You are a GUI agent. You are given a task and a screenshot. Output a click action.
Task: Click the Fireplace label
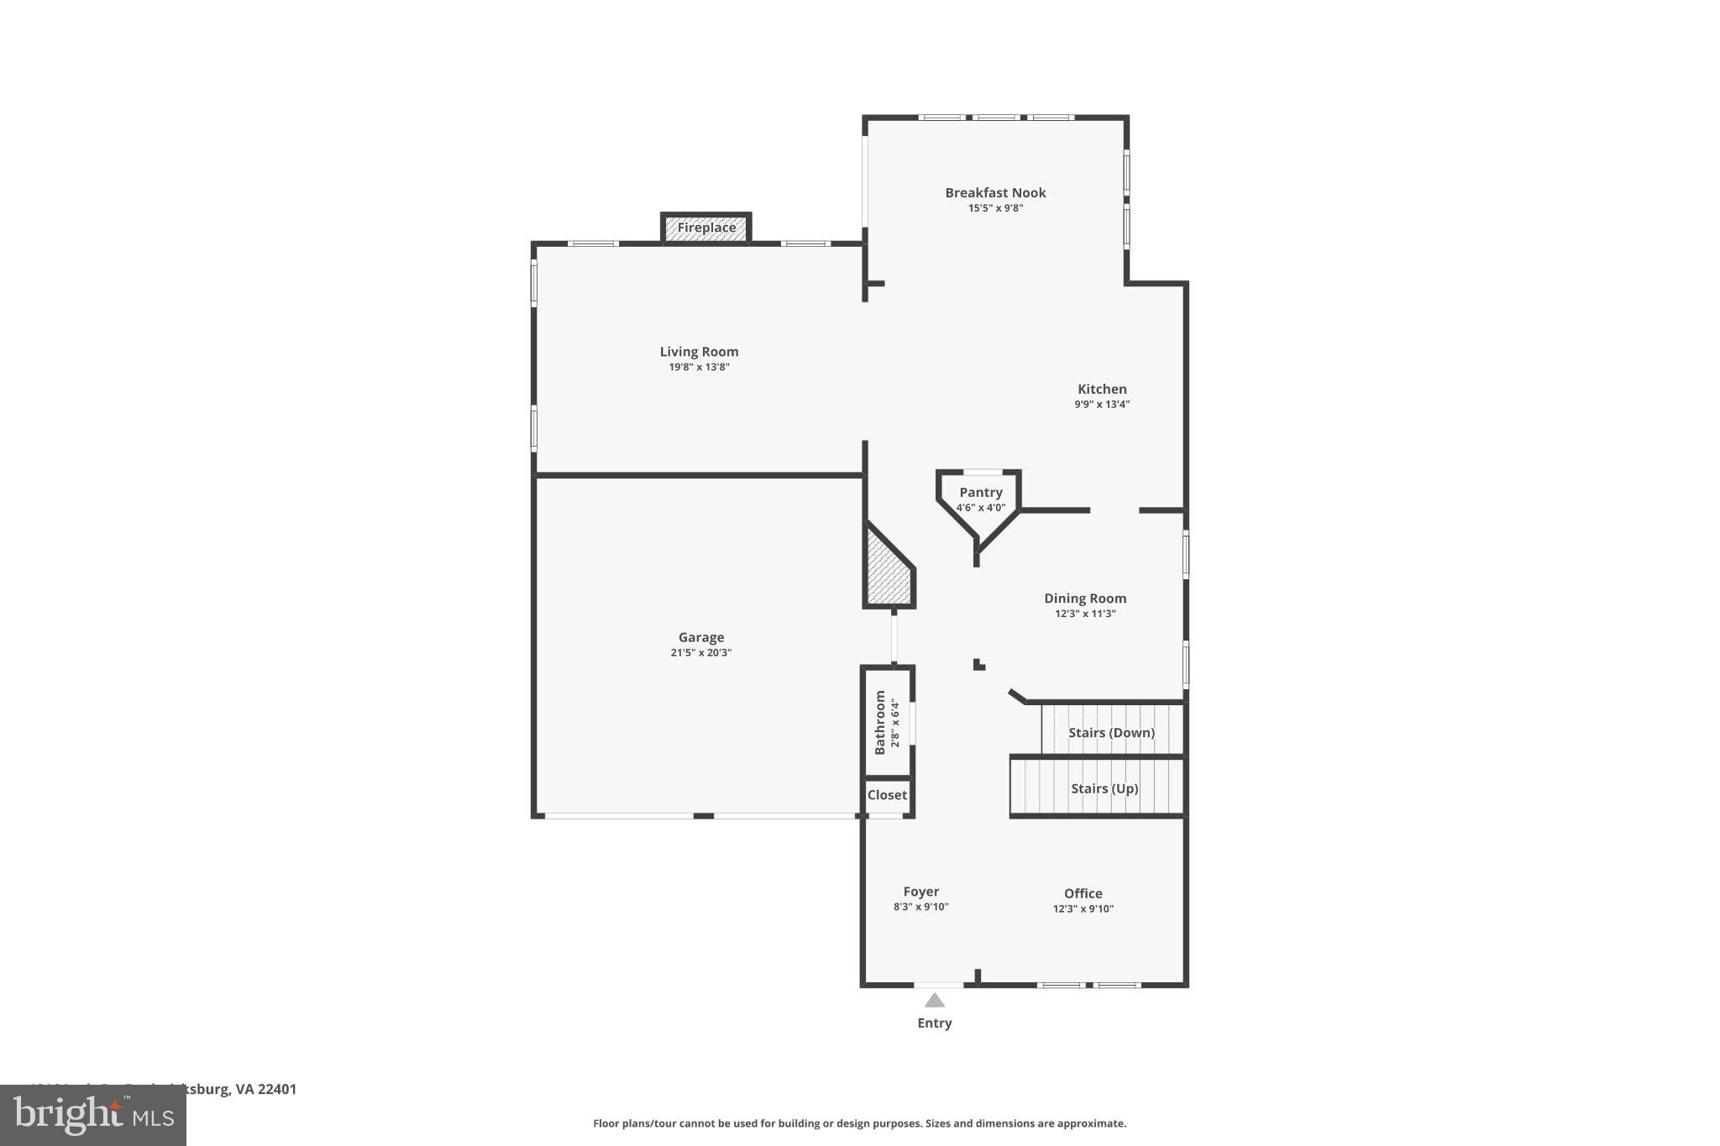pyautogui.click(x=706, y=228)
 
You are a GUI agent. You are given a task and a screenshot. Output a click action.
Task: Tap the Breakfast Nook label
pyautogui.click(x=995, y=192)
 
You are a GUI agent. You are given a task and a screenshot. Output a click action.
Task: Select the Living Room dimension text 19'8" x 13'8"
pyautogui.click(x=699, y=367)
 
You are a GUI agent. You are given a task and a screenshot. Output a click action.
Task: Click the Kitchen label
pyautogui.click(x=1102, y=389)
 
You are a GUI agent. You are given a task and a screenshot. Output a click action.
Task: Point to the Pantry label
pyautogui.click(x=980, y=492)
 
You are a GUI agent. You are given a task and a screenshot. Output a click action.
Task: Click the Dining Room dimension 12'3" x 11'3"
pyautogui.click(x=1085, y=614)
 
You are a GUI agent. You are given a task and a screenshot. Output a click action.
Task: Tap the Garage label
pyautogui.click(x=701, y=637)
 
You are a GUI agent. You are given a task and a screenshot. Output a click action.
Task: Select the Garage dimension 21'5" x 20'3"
pyautogui.click(x=701, y=652)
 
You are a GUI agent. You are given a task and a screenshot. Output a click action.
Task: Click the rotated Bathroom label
pyautogui.click(x=880, y=722)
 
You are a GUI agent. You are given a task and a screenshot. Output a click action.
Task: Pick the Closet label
pyautogui.click(x=887, y=795)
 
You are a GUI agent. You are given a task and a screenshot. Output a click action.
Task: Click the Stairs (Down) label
pyautogui.click(x=1111, y=732)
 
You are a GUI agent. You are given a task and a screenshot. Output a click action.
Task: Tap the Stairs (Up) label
pyautogui.click(x=1104, y=788)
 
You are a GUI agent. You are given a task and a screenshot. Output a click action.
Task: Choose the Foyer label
pyautogui.click(x=920, y=892)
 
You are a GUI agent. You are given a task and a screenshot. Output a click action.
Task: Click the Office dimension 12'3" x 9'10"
pyautogui.click(x=1083, y=908)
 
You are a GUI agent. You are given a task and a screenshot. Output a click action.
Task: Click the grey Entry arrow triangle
pyautogui.click(x=934, y=1001)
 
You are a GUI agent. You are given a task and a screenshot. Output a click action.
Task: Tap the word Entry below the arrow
pyautogui.click(x=934, y=1023)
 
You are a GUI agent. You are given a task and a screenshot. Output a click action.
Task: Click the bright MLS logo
pyautogui.click(x=92, y=1115)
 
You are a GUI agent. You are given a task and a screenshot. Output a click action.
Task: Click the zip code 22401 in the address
pyautogui.click(x=277, y=1089)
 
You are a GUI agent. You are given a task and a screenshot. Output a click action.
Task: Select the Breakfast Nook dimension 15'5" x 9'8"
pyautogui.click(x=995, y=208)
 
